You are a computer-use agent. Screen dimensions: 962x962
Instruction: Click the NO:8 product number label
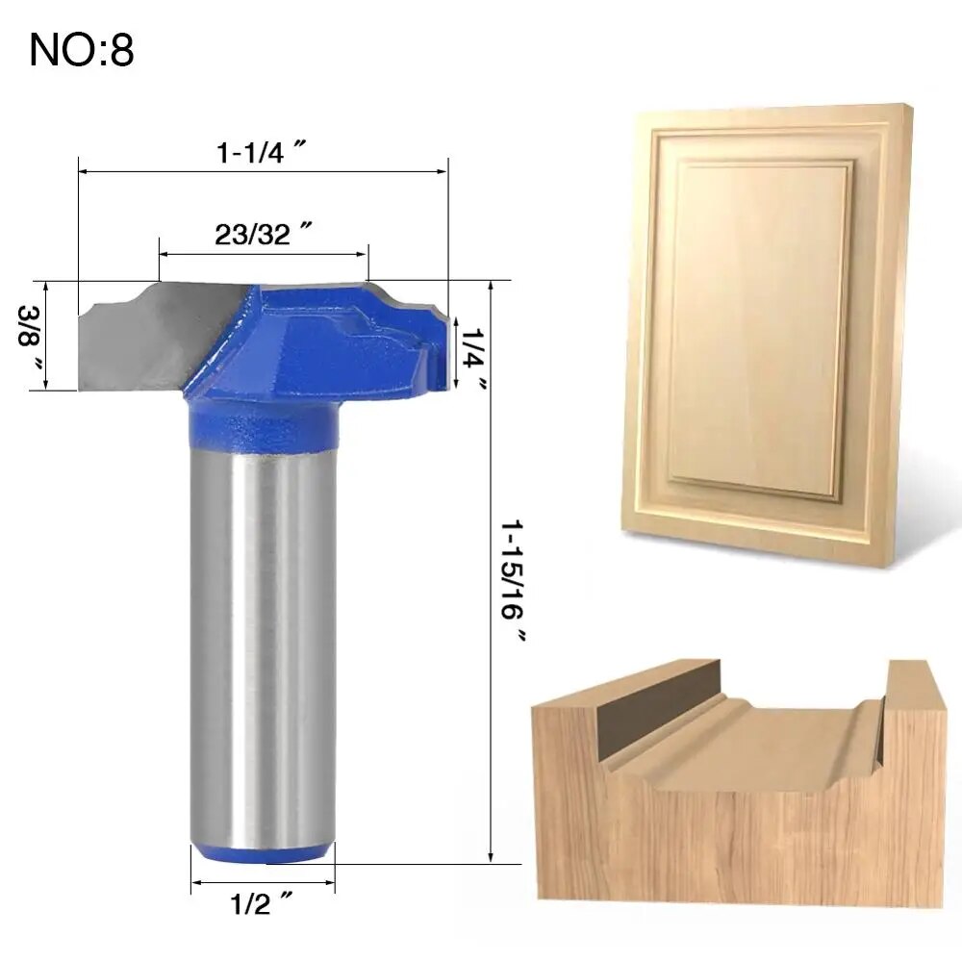coord(82,50)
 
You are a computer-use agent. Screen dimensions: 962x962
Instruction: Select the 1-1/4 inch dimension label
coord(262,152)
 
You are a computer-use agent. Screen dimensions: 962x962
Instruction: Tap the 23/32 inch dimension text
coord(263,235)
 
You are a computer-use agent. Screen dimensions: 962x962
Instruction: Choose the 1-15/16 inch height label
coord(513,580)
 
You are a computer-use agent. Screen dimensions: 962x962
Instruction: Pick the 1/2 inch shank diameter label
coord(261,903)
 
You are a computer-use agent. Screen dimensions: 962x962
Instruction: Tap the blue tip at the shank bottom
coord(263,853)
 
